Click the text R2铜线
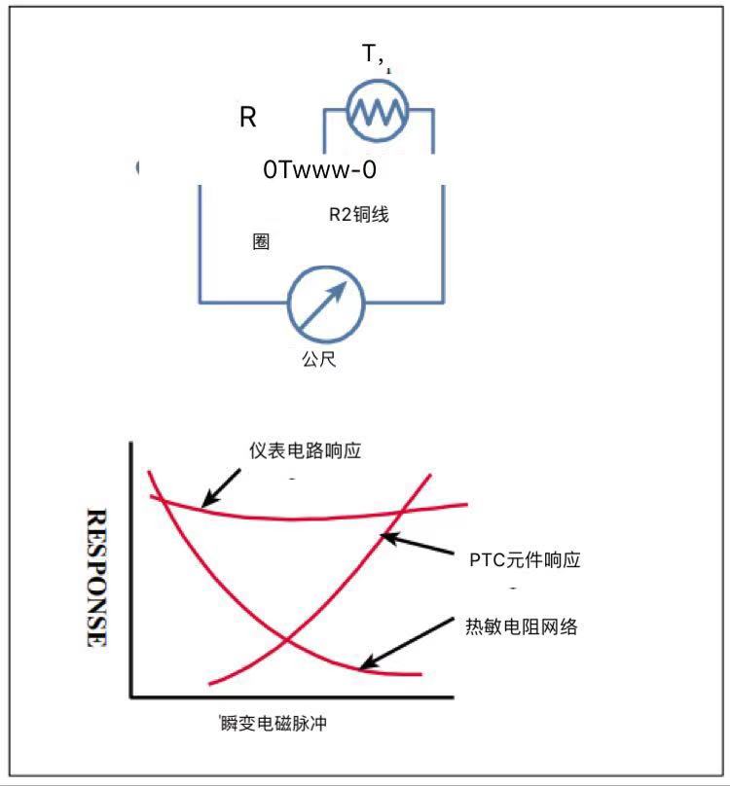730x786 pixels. click(x=358, y=215)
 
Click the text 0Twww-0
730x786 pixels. click(x=319, y=169)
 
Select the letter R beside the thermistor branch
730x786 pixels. click(x=248, y=119)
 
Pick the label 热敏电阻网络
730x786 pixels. click(x=522, y=626)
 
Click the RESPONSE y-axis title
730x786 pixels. click(x=96, y=577)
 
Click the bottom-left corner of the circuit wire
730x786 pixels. click(x=200, y=301)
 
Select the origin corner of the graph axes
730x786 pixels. click(x=130, y=697)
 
